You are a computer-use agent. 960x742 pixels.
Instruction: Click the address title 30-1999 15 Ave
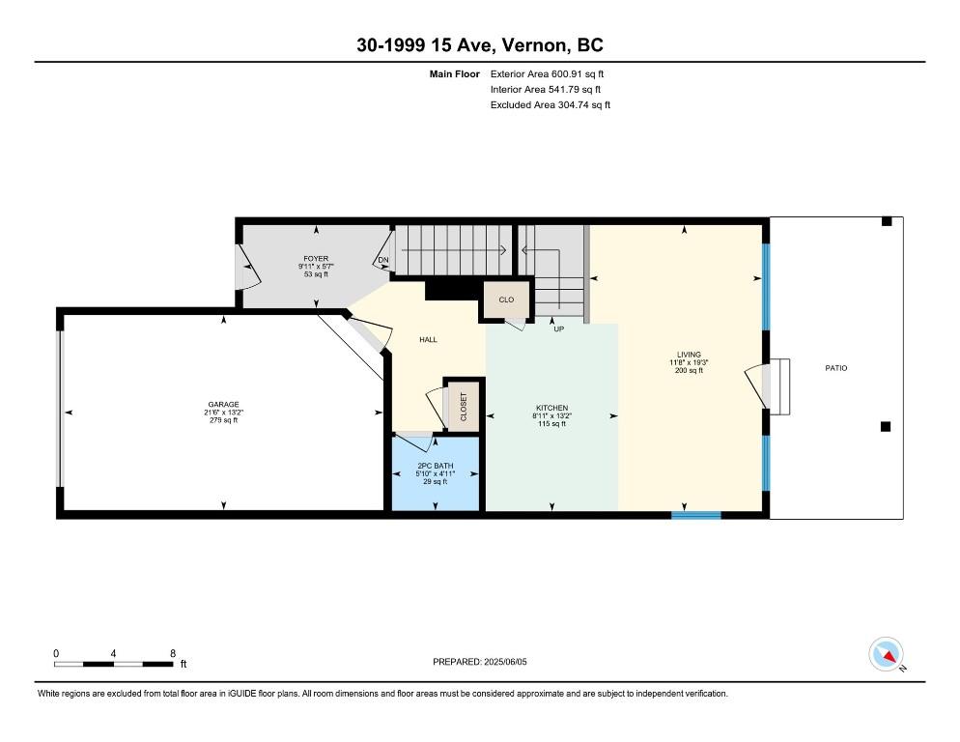pos(480,44)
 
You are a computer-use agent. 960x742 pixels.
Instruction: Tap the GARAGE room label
pos(223,405)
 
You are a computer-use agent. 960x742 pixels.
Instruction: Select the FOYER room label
pos(316,259)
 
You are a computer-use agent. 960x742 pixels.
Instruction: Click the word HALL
pos(428,340)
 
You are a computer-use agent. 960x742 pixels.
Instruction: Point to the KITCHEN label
pos(551,408)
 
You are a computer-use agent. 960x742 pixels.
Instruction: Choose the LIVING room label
pos(689,355)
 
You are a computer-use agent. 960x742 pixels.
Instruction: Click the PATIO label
pos(835,368)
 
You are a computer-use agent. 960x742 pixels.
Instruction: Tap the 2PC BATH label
pos(435,466)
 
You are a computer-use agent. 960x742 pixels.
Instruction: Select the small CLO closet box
pos(506,300)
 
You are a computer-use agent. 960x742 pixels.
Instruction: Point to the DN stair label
pos(383,260)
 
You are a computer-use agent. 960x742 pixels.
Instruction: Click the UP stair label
pos(558,328)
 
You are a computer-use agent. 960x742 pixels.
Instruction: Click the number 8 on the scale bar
pos(172,653)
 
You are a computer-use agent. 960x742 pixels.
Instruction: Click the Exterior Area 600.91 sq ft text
pos(548,73)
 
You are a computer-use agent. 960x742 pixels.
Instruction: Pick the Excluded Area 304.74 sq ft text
pos(551,105)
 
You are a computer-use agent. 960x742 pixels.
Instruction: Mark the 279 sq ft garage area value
pos(223,421)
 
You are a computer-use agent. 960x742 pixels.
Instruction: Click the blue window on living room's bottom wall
pos(696,515)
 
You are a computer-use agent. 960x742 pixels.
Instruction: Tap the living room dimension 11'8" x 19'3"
pos(689,362)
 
